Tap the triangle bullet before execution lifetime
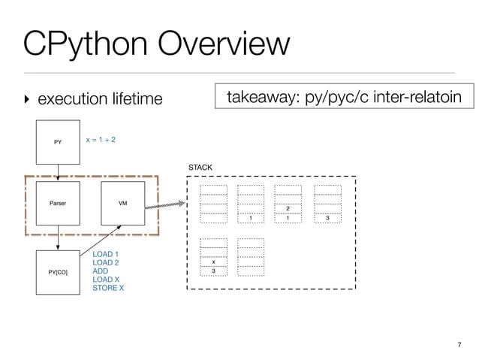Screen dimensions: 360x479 [28, 99]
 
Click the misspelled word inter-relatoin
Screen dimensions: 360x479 [414, 97]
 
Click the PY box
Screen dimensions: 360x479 [58, 141]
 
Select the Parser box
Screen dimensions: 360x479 [58, 203]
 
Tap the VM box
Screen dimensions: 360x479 [122, 203]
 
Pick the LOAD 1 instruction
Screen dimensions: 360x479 [106, 255]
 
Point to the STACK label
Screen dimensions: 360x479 [200, 166]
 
